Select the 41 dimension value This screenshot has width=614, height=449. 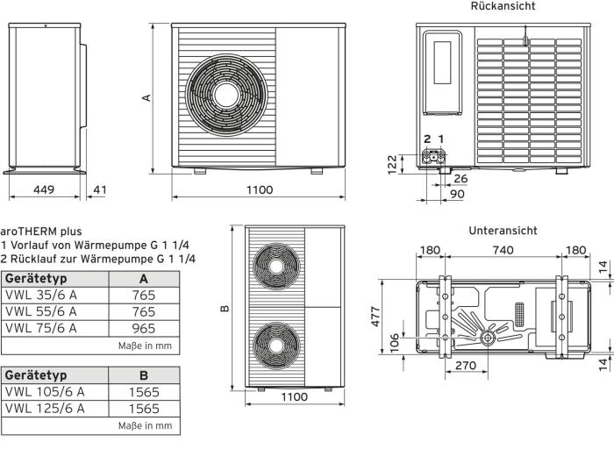point(101,189)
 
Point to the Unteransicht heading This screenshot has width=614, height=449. point(503,231)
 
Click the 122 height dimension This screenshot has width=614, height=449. point(392,164)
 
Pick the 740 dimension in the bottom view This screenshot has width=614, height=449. point(503,251)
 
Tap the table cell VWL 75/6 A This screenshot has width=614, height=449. point(41,328)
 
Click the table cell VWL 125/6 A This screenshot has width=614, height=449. point(45,408)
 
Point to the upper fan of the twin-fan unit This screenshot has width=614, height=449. point(276,265)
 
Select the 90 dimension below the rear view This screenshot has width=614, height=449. point(458,194)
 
